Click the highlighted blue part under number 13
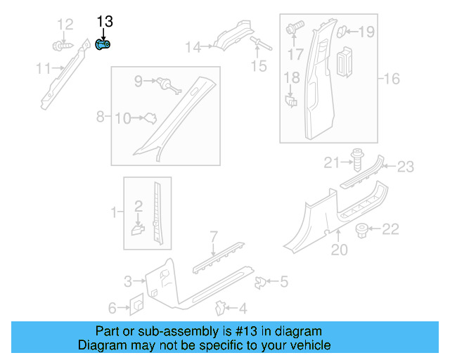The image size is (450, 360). pos(103,45)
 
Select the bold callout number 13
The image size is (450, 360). pos(105,22)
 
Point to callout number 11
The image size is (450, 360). pos(43,68)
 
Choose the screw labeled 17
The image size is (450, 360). pos(293,29)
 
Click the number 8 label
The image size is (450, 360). pos(100,116)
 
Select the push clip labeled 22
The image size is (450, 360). pos(364,229)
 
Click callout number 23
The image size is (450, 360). pos(406,167)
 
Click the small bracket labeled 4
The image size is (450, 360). pos(220,307)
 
